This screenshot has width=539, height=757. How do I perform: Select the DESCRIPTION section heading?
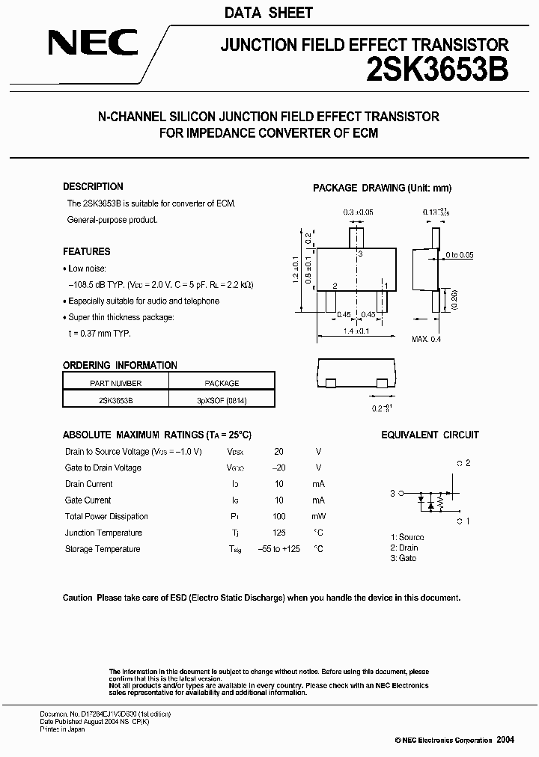pyautogui.click(x=93, y=187)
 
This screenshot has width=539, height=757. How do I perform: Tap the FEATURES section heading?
pyautogui.click(x=86, y=252)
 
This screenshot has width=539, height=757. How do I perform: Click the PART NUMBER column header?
pyautogui.click(x=115, y=383)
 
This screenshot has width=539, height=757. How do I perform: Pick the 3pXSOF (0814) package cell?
pyautogui.click(x=222, y=400)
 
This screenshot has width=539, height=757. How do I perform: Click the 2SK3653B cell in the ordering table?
pyautogui.click(x=115, y=400)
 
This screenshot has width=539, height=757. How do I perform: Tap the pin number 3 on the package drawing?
pyautogui.click(x=360, y=254)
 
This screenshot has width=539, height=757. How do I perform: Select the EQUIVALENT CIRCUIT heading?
pyautogui.click(x=430, y=435)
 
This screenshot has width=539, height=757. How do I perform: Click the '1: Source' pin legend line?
pyautogui.click(x=406, y=537)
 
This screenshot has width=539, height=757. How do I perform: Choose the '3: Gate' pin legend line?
pyautogui.click(x=403, y=558)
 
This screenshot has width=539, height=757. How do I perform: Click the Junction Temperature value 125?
pyautogui.click(x=279, y=533)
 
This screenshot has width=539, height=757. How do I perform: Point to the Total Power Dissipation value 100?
pyautogui.click(x=279, y=516)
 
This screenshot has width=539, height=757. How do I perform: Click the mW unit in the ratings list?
pyautogui.click(x=318, y=516)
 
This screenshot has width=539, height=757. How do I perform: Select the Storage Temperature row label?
pyautogui.click(x=103, y=549)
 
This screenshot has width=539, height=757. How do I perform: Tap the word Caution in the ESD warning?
pyautogui.click(x=77, y=598)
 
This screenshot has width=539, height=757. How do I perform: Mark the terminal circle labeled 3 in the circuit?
pyautogui.click(x=401, y=493)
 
